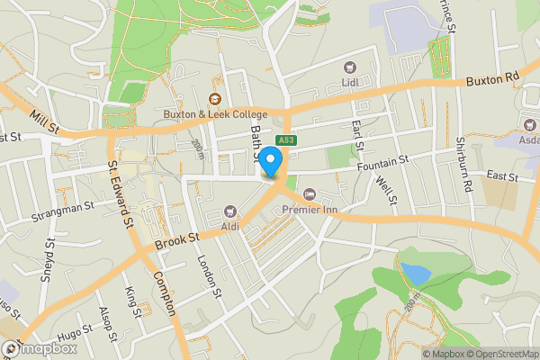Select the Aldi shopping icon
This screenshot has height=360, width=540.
(x=229, y=211)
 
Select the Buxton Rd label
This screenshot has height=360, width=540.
(x=493, y=81)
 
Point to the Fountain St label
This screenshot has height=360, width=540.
(x=382, y=159)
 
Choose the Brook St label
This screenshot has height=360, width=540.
(x=175, y=241)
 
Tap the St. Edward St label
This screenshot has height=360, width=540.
(x=120, y=192)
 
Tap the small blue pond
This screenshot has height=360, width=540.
(x=415, y=271)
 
